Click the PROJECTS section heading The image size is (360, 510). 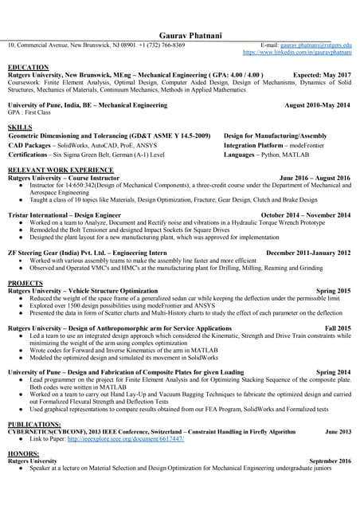point(25,284)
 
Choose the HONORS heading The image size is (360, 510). point(24,453)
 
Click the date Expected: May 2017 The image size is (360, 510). point(322,74)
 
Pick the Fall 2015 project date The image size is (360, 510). point(338,328)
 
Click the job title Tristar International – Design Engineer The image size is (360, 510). point(64,215)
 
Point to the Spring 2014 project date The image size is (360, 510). point(333,372)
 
